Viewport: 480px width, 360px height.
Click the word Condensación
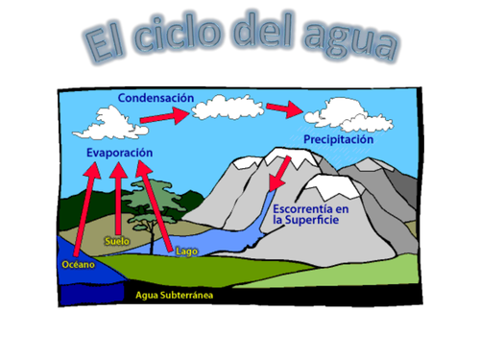click(156, 98)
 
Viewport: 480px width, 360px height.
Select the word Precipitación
click(339, 139)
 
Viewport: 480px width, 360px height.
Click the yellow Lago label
click(187, 252)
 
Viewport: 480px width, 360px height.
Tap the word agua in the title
click(357, 40)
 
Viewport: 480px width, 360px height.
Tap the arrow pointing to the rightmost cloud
click(284, 108)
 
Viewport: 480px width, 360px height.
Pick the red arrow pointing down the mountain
click(279, 176)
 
